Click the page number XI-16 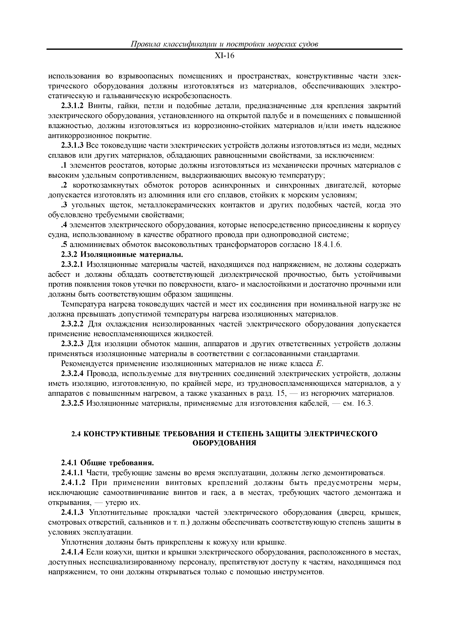tap(224, 56)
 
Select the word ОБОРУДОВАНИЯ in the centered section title tap(224, 443)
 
